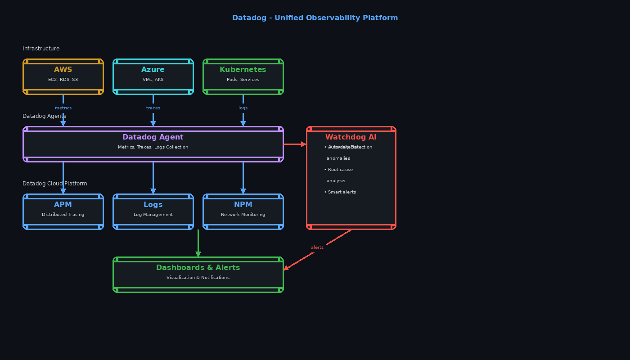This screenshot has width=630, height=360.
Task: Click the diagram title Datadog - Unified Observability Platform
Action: click(315, 18)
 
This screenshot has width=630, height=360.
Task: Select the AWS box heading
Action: click(63, 70)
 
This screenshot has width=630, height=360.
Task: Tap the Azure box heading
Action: click(153, 70)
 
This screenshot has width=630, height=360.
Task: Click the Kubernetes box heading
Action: click(243, 70)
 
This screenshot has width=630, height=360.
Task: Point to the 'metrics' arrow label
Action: click(63, 108)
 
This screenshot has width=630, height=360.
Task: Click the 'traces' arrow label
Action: click(153, 108)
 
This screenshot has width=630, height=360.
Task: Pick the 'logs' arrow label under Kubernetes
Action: click(243, 108)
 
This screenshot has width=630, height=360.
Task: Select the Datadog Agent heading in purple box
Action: click(153, 137)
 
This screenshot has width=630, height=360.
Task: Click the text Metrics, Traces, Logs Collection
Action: click(153, 147)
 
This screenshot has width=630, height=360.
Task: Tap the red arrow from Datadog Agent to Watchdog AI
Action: click(295, 144)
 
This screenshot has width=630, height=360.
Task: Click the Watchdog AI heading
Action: click(351, 137)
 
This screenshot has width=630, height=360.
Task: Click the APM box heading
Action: click(63, 205)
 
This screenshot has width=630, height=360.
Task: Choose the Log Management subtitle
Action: click(153, 215)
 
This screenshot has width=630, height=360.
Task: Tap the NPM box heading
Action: click(243, 205)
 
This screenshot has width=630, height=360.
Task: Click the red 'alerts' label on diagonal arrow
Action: click(317, 247)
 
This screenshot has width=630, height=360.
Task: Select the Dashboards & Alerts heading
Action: click(198, 268)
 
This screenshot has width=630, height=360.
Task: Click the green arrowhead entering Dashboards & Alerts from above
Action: click(198, 254)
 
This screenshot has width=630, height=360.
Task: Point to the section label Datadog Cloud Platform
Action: click(55, 184)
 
